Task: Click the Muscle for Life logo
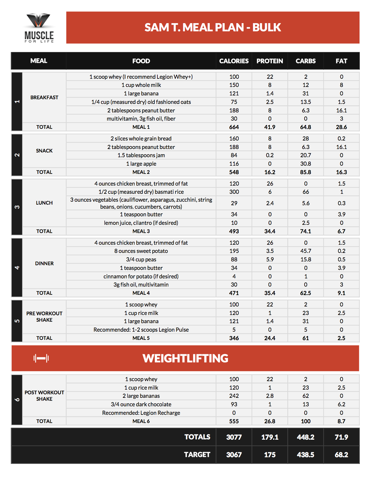click(x=39, y=28)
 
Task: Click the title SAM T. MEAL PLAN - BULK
click(x=213, y=28)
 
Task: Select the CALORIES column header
click(x=234, y=61)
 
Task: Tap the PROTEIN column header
click(x=269, y=61)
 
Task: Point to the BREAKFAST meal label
click(x=44, y=97)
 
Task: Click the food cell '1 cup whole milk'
click(x=141, y=85)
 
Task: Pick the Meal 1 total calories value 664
click(x=234, y=127)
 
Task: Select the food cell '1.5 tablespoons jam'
click(x=141, y=155)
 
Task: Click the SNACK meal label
click(x=44, y=151)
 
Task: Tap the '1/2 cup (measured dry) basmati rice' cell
click(x=141, y=192)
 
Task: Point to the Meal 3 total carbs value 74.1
click(x=305, y=231)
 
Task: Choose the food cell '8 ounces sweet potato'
click(x=141, y=251)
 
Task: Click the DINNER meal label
click(x=44, y=263)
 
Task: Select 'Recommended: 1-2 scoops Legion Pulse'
click(x=141, y=330)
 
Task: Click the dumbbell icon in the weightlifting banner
click(x=41, y=358)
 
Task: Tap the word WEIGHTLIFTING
click(x=185, y=358)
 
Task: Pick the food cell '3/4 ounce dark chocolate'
click(x=141, y=405)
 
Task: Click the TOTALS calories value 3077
click(x=234, y=437)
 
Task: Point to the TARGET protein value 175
click(x=269, y=455)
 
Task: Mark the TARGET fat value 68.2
click(x=341, y=455)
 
